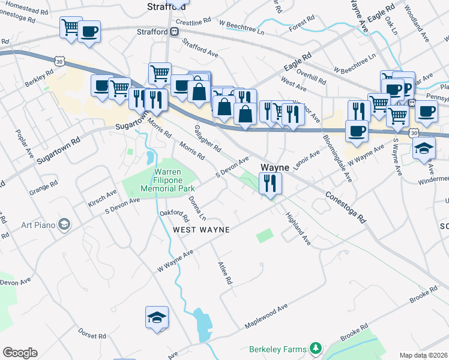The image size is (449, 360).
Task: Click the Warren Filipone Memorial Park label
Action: point(159,179)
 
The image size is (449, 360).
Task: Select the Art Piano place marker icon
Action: point(65,225)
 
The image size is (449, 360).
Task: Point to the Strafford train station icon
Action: point(173,31)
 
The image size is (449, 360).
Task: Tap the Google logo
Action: point(20,353)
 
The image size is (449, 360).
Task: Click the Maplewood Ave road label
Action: point(266,316)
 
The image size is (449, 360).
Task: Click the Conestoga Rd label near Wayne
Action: point(345,208)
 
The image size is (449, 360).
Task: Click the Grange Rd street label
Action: point(43,187)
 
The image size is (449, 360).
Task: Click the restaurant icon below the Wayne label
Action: point(270,182)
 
